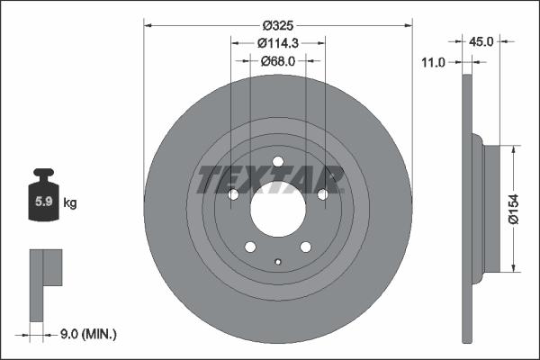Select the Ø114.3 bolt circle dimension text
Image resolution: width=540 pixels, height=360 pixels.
pyautogui.click(x=277, y=42)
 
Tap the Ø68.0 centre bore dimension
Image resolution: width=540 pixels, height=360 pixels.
pyautogui.click(x=277, y=60)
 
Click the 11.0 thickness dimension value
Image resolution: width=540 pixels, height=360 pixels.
pyautogui.click(x=435, y=61)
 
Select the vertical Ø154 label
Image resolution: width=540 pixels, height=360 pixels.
pyautogui.click(x=513, y=208)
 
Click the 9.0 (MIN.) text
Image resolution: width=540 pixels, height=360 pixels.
pyautogui.click(x=88, y=334)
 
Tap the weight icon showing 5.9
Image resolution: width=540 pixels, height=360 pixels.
pyautogui.click(x=43, y=199)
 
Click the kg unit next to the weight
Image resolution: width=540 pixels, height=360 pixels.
pyautogui.click(x=71, y=202)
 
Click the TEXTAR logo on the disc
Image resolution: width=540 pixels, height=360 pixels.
pyautogui.click(x=271, y=179)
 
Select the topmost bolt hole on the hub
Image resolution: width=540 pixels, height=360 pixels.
pyautogui.click(x=277, y=162)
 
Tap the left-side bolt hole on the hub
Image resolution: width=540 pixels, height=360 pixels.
pyautogui.click(x=233, y=194)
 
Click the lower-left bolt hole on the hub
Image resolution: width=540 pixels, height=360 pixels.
pyautogui.click(x=250, y=247)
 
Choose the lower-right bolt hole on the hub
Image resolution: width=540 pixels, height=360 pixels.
pyautogui.click(x=305, y=247)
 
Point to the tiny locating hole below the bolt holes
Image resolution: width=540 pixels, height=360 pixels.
pyautogui.click(x=277, y=263)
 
